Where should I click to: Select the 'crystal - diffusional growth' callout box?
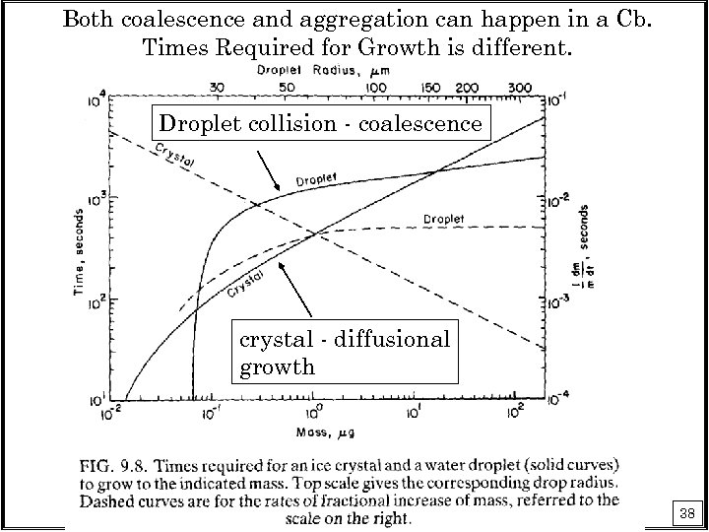pyautogui.click(x=345, y=353)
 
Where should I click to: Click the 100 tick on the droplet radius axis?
pyautogui.click(x=376, y=88)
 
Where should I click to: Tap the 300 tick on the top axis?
pyautogui.click(x=522, y=88)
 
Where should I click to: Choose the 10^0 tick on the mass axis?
pyautogui.click(x=314, y=415)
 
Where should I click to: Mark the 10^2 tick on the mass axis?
pyautogui.click(x=512, y=415)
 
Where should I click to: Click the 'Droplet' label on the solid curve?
pyautogui.click(x=315, y=180)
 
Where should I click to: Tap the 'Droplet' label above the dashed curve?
pyautogui.click(x=444, y=218)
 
